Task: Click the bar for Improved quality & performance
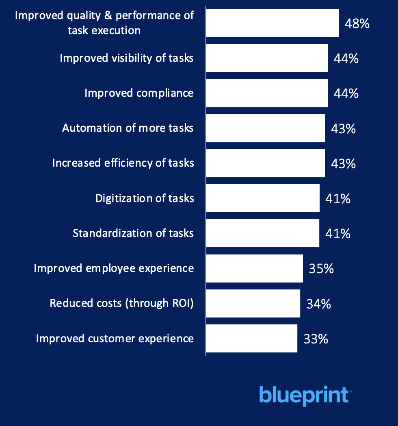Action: click(x=272, y=23)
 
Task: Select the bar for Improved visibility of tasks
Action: click(x=267, y=58)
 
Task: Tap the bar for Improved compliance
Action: click(x=267, y=93)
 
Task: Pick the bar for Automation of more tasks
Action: click(x=265, y=128)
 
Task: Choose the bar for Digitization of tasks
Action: click(x=263, y=198)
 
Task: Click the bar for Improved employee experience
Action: click(x=254, y=268)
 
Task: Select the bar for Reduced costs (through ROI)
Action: click(x=253, y=303)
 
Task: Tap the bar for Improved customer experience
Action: click(x=251, y=338)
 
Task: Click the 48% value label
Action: click(x=357, y=24)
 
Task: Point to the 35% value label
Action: click(x=321, y=269)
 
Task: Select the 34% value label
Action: click(x=318, y=304)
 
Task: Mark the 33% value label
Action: click(x=316, y=339)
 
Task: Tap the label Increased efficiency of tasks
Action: click(x=123, y=163)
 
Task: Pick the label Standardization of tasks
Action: click(x=133, y=233)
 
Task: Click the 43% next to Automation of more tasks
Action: click(x=343, y=129)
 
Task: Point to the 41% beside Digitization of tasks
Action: click(x=337, y=199)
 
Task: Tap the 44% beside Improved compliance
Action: click(x=346, y=93)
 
